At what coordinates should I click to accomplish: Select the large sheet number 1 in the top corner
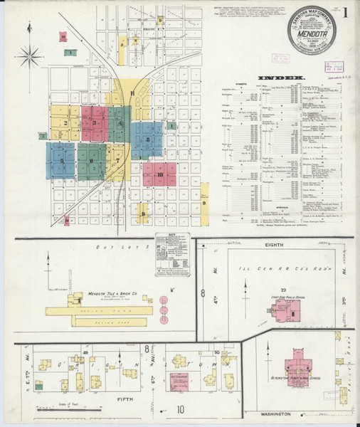point(345,12)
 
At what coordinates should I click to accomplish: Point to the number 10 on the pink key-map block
point(161,174)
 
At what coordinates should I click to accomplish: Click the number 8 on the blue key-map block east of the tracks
point(147,139)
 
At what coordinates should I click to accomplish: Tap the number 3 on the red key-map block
point(95,123)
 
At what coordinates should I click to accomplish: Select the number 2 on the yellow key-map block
point(65,123)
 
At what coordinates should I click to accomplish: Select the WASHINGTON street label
point(275,413)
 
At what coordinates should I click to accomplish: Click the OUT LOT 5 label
point(122,246)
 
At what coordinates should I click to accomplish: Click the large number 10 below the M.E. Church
point(181,409)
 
